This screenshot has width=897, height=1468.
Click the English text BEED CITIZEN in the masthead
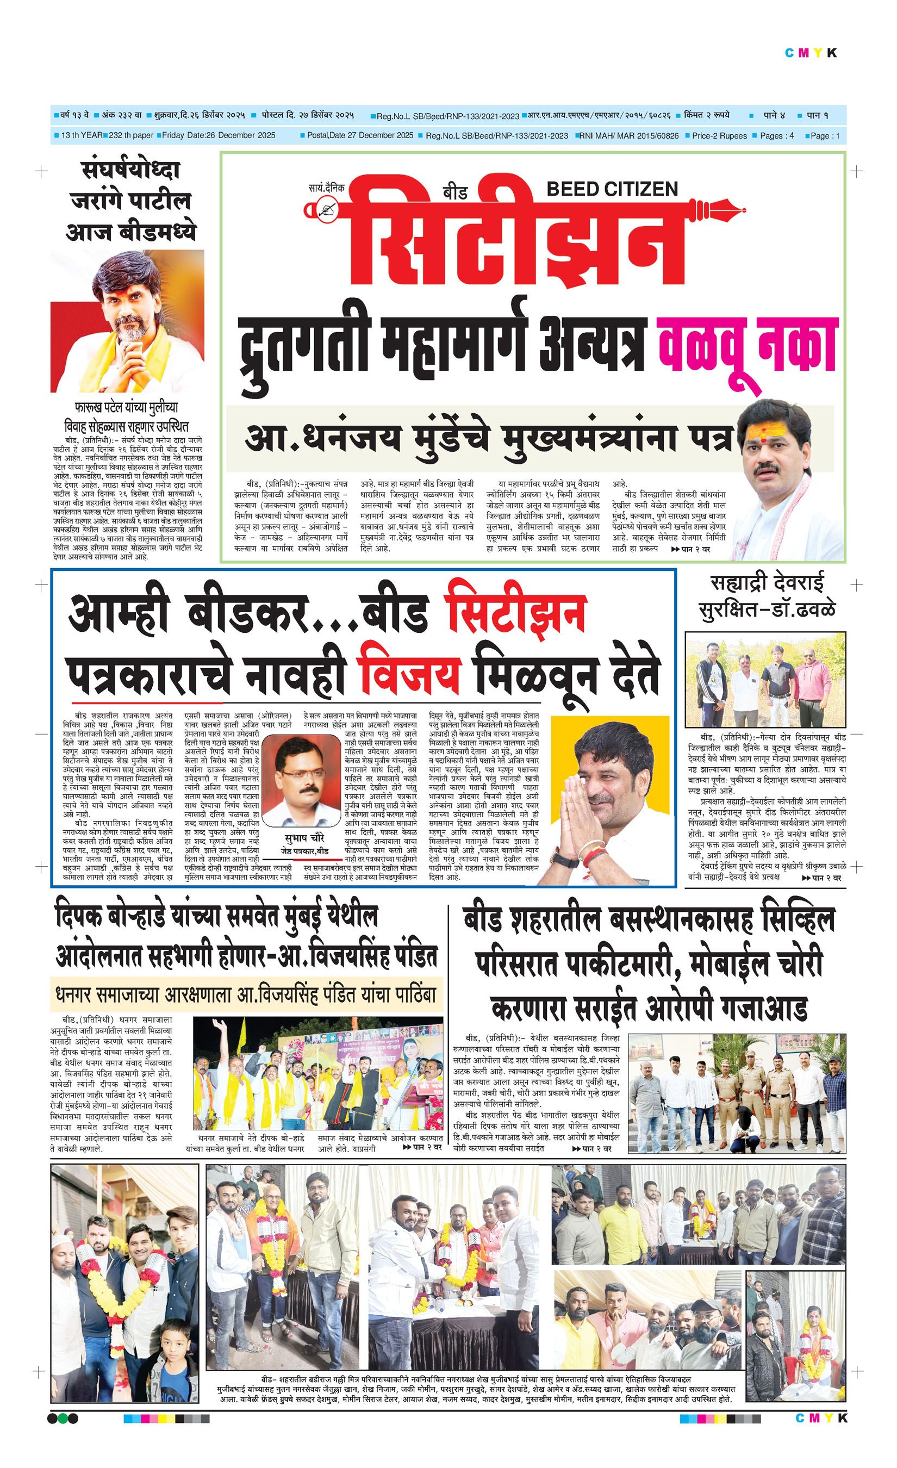[612, 189]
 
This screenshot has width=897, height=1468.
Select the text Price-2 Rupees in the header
[719, 136]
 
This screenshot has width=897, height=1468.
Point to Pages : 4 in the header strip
[777, 136]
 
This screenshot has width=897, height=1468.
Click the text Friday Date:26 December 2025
[219, 135]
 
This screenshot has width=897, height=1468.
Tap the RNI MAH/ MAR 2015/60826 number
[631, 136]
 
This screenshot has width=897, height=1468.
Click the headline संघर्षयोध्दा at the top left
[130, 171]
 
